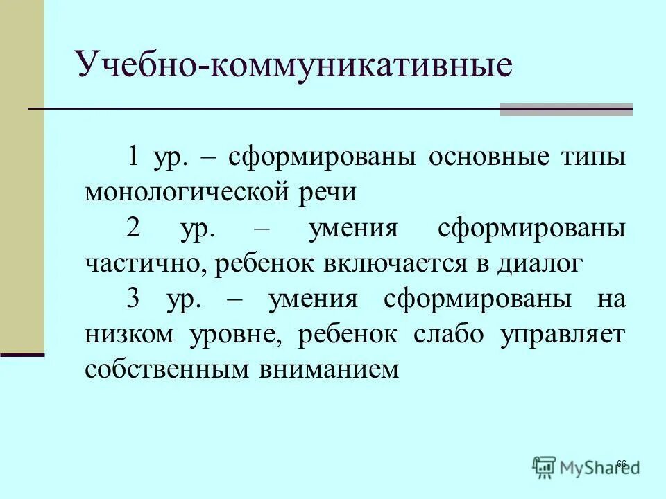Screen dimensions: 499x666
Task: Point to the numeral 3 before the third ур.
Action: [134, 299]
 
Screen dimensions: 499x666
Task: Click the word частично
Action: [145, 264]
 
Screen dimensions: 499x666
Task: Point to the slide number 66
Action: [621, 464]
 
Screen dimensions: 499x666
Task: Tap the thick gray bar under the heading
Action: [565, 110]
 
